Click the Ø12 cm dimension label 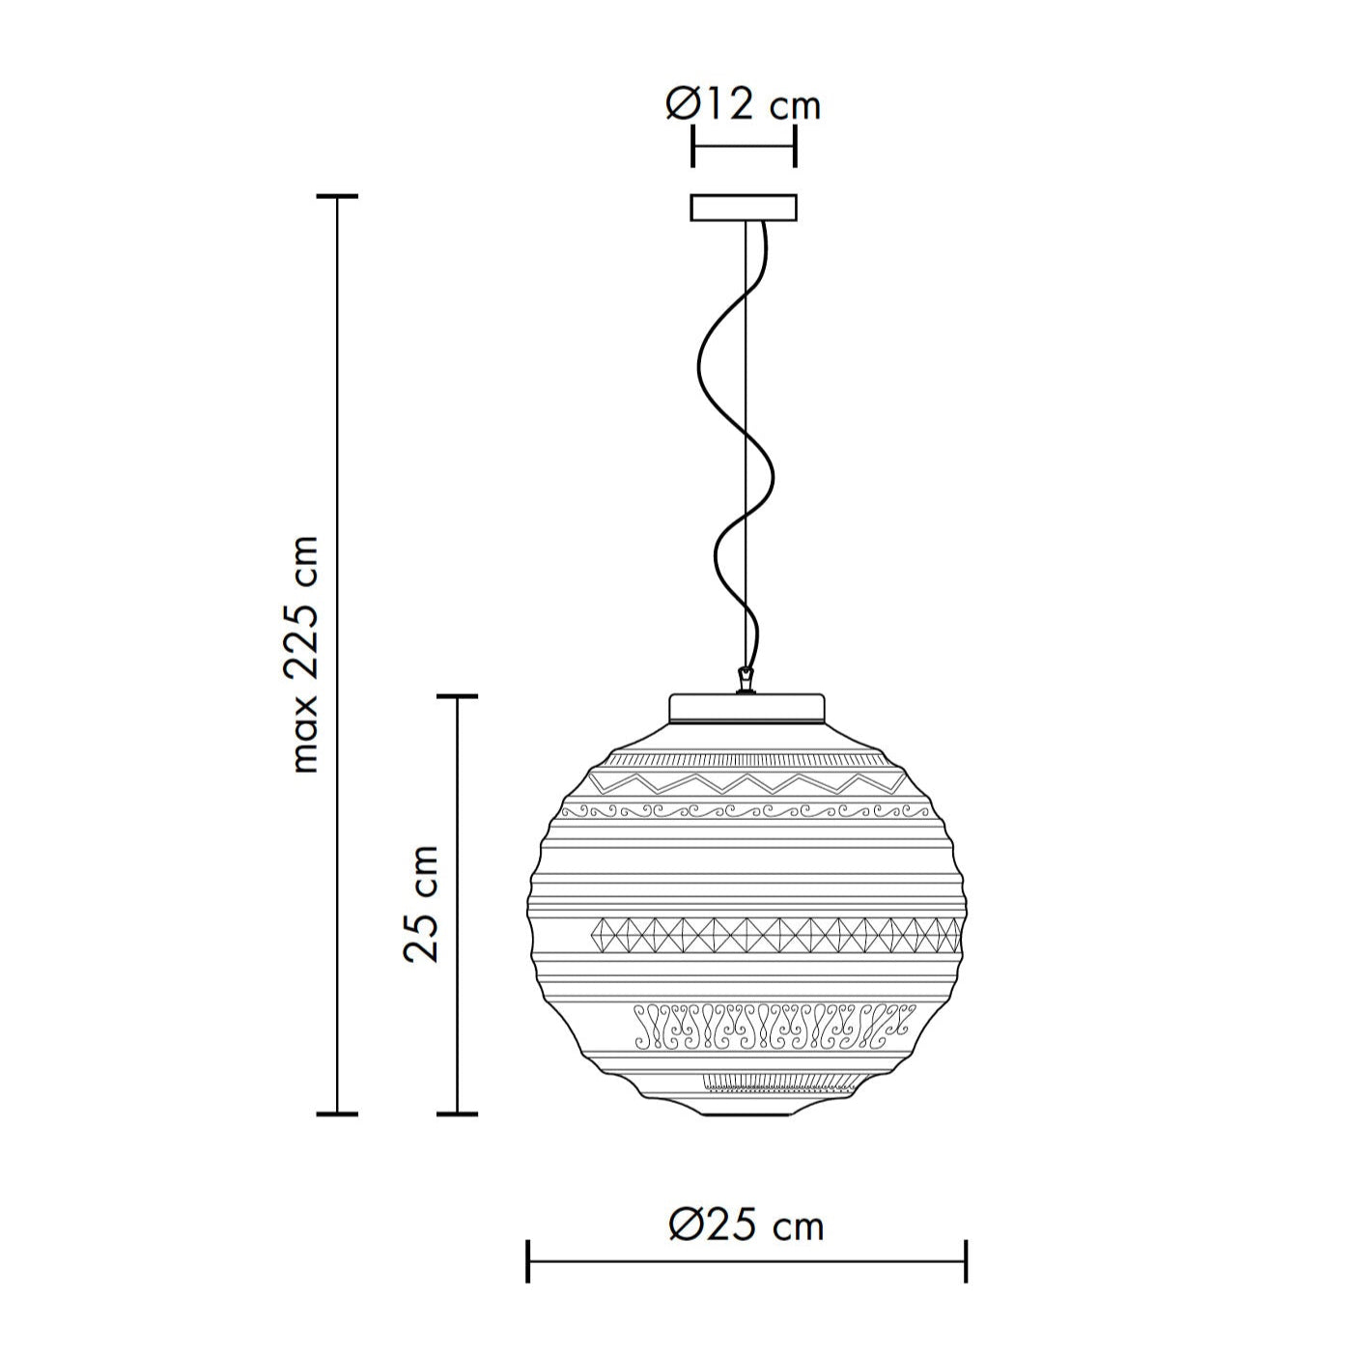[743, 106]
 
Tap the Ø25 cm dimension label [746, 1226]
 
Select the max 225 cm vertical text [304, 655]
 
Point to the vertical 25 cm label [422, 904]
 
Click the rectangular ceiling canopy [744, 208]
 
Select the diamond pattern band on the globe [775, 936]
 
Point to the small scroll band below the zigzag [746, 812]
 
